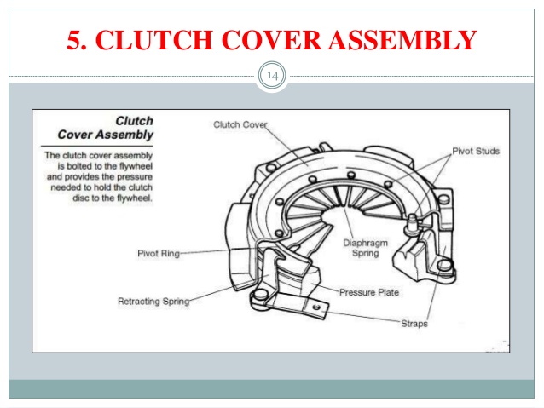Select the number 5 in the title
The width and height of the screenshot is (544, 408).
coord(75,39)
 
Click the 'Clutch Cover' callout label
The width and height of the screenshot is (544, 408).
coord(240,124)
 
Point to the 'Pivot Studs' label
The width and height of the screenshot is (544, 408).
coord(476,151)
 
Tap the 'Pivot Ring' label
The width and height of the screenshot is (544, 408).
coord(158,253)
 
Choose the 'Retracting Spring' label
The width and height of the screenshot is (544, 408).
coord(153,301)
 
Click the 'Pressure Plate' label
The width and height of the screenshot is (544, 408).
coord(368,292)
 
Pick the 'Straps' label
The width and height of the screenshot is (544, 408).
coord(414,324)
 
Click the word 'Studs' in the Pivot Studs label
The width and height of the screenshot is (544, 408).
coord(487,151)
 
